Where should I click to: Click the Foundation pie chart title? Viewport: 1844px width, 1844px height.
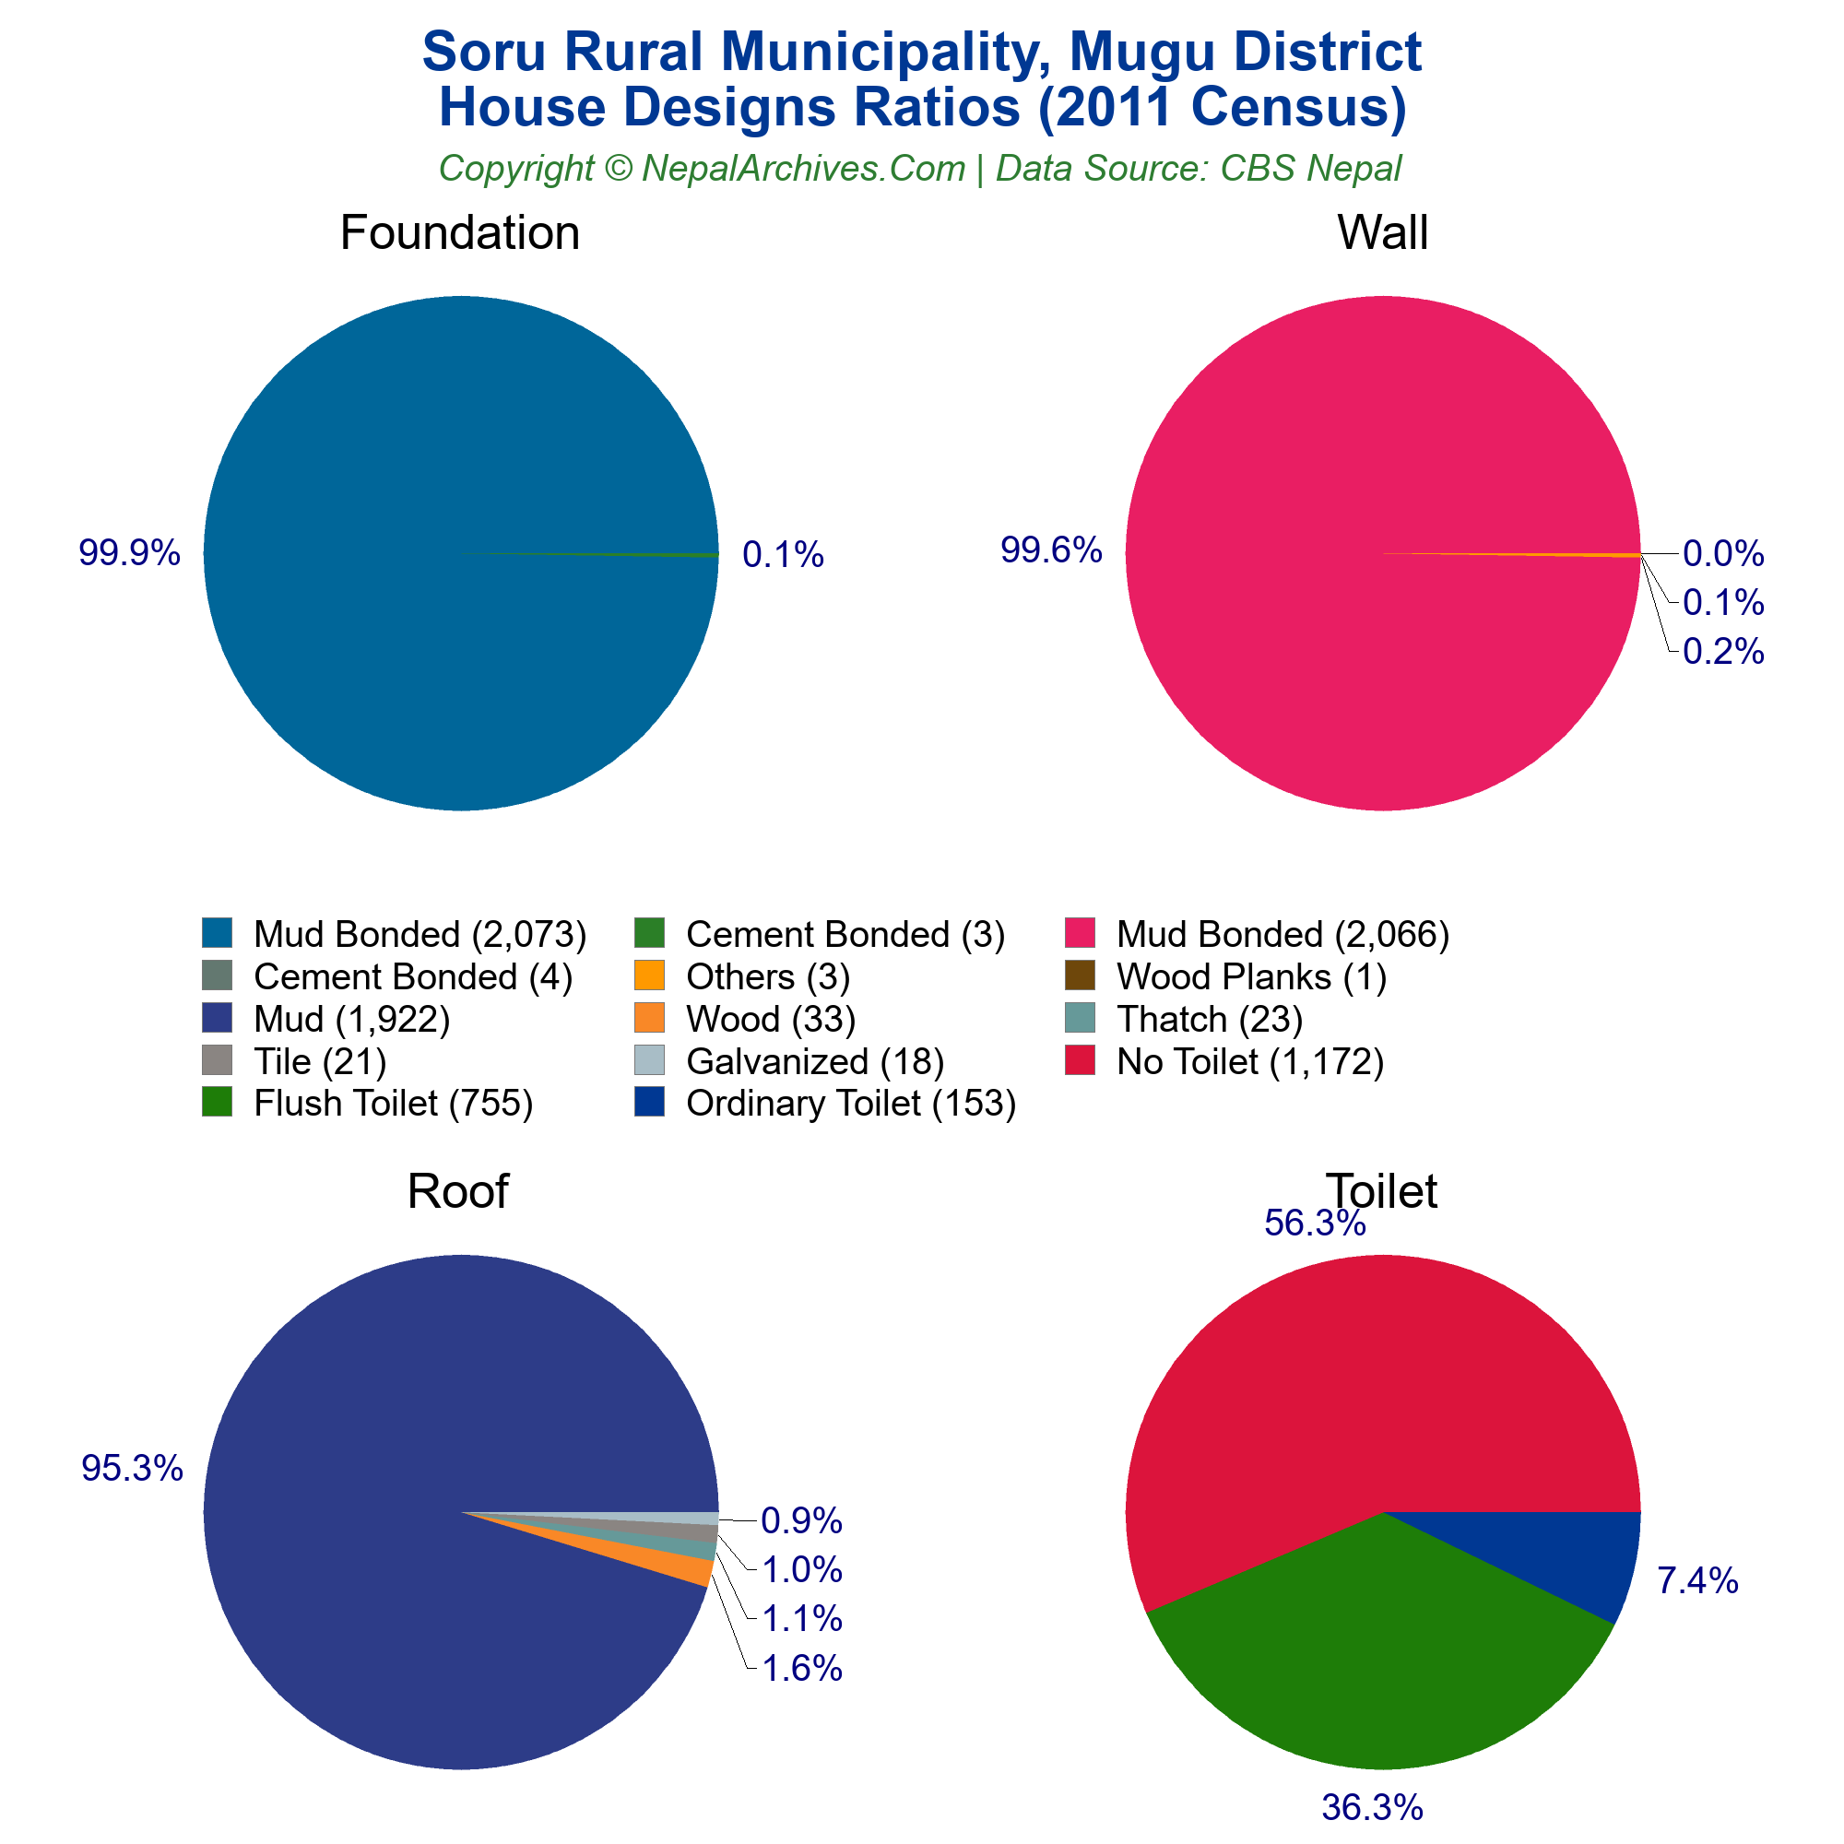459,233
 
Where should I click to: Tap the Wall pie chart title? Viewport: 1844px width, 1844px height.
1382,233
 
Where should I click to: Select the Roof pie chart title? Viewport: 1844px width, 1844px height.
457,1191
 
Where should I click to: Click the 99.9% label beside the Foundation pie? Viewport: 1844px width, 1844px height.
129,552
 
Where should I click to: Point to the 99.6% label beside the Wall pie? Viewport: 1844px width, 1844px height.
1051,550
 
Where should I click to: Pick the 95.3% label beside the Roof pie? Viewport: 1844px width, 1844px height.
132,1469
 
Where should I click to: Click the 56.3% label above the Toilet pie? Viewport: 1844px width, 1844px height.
1314,1223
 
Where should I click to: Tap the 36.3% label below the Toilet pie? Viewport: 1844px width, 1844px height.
1372,1808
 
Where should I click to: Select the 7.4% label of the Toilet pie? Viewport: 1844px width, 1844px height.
1697,1582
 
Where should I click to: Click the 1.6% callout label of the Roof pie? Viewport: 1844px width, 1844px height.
802,1669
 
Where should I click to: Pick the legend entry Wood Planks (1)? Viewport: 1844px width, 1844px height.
1250,976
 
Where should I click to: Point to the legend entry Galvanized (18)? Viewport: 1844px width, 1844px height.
814,1060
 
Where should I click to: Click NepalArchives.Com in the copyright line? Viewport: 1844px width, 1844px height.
803,169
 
